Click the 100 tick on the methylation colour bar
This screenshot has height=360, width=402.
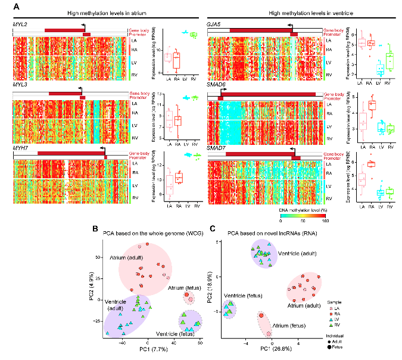pyautogui.click(x=325, y=222)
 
